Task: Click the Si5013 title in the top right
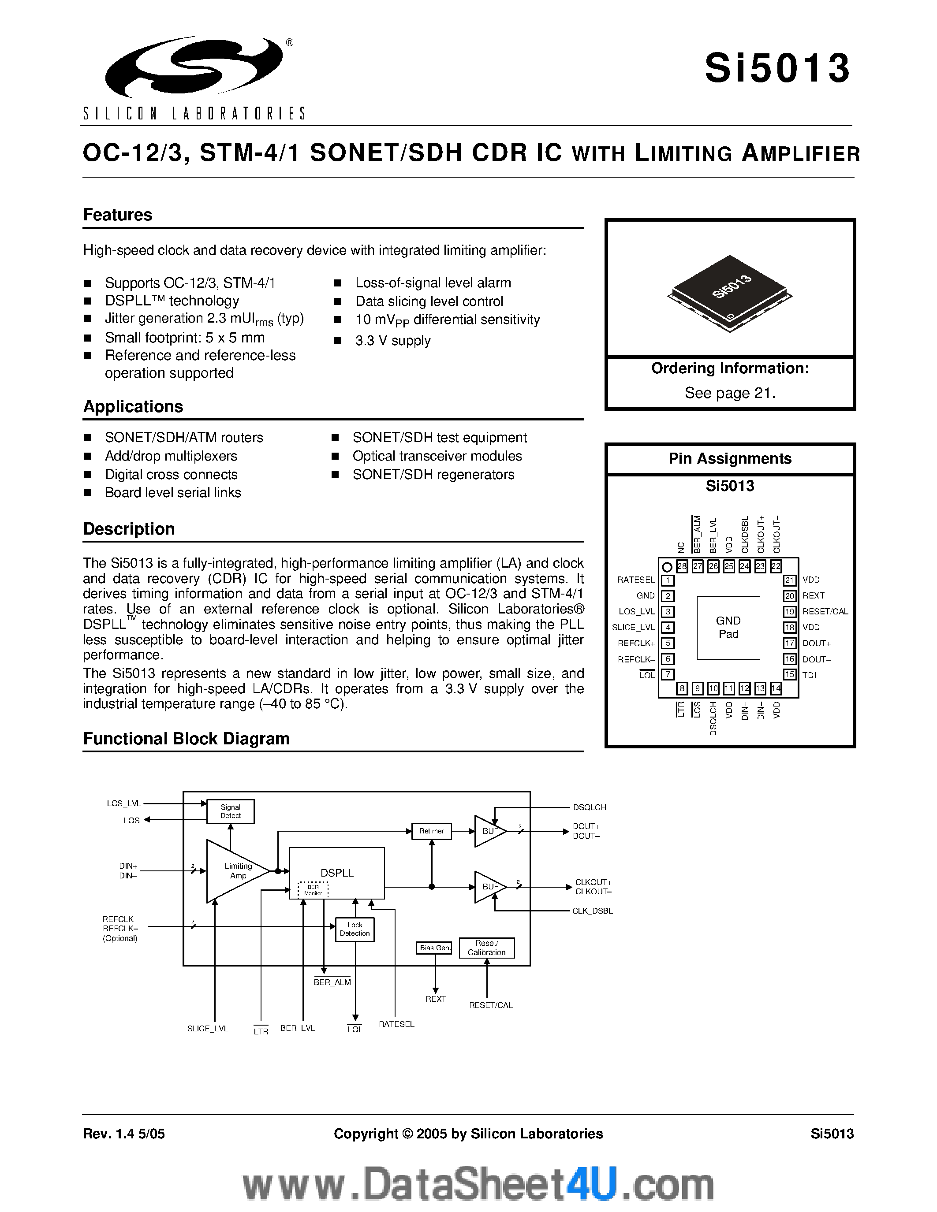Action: (777, 69)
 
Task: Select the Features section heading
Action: (118, 215)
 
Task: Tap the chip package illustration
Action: (729, 293)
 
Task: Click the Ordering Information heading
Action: (729, 368)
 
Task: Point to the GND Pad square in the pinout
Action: (728, 628)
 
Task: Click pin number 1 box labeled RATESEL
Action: (667, 580)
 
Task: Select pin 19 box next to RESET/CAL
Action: (790, 612)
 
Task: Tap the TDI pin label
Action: (809, 675)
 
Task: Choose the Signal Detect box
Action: (230, 811)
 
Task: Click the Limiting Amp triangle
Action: (236, 871)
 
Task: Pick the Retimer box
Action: (431, 831)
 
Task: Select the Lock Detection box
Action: (355, 929)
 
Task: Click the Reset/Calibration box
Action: (487, 948)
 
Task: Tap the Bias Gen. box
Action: (435, 948)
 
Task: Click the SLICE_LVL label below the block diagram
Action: (208, 1028)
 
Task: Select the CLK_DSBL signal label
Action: (592, 911)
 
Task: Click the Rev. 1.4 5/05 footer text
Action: (124, 1133)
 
